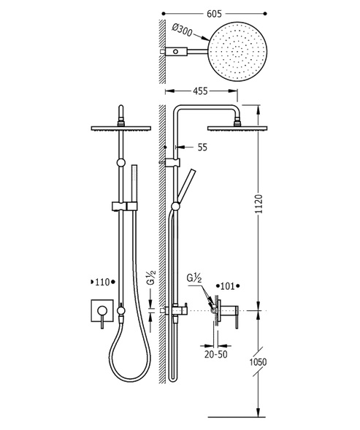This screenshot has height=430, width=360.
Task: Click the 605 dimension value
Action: coord(214,14)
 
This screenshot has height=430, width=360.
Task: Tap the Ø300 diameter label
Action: coord(182,30)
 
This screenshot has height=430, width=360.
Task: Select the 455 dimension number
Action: coord(200,91)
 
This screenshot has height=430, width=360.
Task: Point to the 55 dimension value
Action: coord(202,147)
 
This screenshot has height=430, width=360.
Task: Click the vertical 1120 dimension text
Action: coord(258,204)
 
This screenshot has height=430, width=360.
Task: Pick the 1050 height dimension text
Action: coord(258,362)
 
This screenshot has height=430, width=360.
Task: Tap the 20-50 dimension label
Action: coord(216,354)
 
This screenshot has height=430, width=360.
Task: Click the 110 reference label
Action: coord(102,282)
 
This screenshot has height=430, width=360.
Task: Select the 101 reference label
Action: coord(228,286)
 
